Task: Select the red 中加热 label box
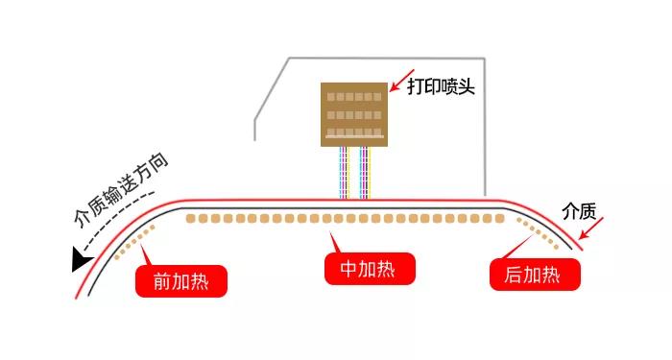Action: (x=370, y=270)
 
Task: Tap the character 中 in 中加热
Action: (x=344, y=270)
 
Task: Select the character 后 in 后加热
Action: (x=512, y=276)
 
